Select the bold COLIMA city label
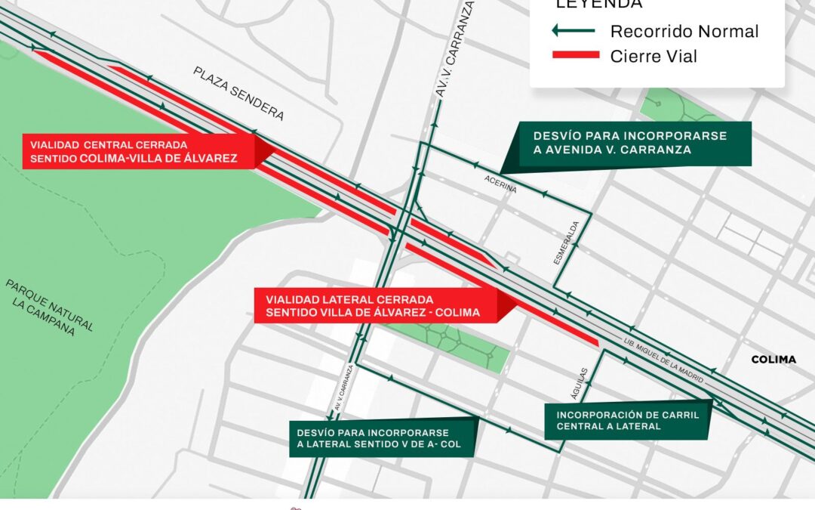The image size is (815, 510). point(773,360)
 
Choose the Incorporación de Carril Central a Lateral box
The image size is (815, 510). point(628,420)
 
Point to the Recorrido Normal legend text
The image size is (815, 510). point(684,32)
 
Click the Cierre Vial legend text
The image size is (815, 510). point(654,56)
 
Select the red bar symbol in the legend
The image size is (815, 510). point(575,55)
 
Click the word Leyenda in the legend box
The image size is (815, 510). point(599,5)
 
